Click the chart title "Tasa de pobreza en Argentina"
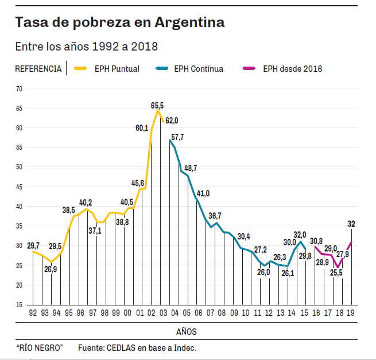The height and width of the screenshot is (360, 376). [120, 22]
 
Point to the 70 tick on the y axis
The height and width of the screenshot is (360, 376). [19, 88]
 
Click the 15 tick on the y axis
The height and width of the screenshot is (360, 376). [19, 305]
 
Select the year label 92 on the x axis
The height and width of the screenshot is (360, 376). [33, 313]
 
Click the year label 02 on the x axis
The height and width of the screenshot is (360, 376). [151, 313]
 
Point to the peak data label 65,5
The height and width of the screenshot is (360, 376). [157, 105]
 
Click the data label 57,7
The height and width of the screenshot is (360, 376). [177, 137]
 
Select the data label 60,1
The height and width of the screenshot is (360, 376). [142, 128]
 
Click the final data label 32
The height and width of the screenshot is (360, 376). [351, 224]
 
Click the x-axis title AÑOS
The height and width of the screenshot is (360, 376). [187, 331]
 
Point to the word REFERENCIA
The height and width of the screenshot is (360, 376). [38, 69]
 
